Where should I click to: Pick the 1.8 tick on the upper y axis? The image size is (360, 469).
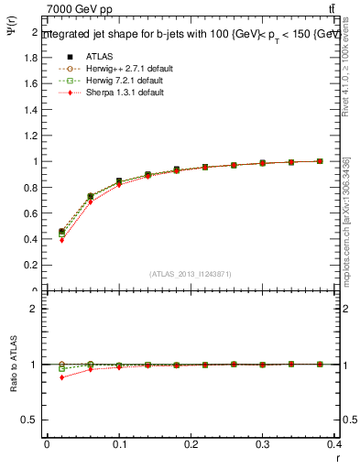pos(31,57)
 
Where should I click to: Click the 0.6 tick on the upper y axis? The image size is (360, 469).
pos(31,213)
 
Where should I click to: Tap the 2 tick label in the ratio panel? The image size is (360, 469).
pos(33,309)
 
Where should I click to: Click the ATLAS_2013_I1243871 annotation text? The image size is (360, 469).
pos(191,274)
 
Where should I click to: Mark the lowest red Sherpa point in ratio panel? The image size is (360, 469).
pos(61,377)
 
